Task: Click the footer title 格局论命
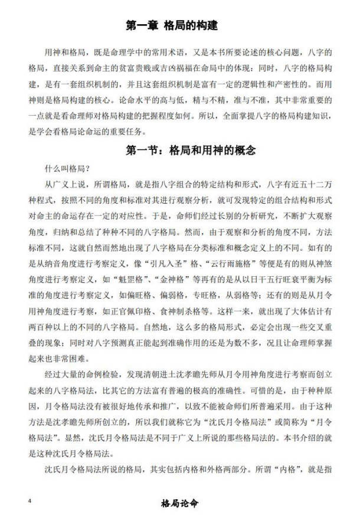(180, 503)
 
